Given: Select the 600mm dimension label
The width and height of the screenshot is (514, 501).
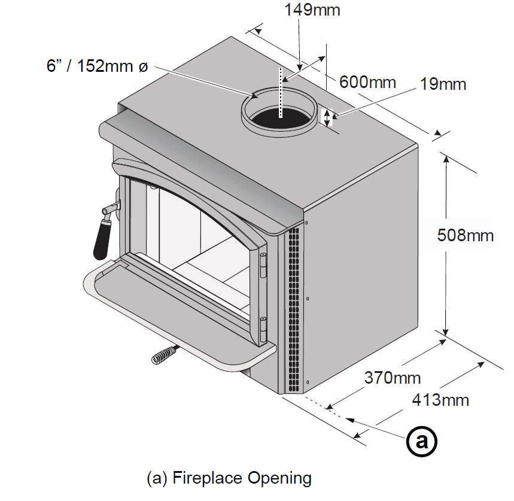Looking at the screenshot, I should (367, 81).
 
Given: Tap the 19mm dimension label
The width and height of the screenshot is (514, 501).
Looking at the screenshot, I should (443, 84).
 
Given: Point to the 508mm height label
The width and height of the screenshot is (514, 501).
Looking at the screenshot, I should (466, 235).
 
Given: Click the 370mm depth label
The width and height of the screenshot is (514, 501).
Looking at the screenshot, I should (392, 378).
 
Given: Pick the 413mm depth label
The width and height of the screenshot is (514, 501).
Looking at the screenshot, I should (440, 400).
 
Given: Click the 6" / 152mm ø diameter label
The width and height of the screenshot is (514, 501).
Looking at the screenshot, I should (96, 66).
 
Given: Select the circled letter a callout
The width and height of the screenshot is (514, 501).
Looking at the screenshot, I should (421, 442).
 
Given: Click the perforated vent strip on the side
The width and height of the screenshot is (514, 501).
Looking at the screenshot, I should (294, 308).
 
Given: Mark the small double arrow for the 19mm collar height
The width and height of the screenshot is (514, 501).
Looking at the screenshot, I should (327, 116).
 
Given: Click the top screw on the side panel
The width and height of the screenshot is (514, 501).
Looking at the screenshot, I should (306, 223).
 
